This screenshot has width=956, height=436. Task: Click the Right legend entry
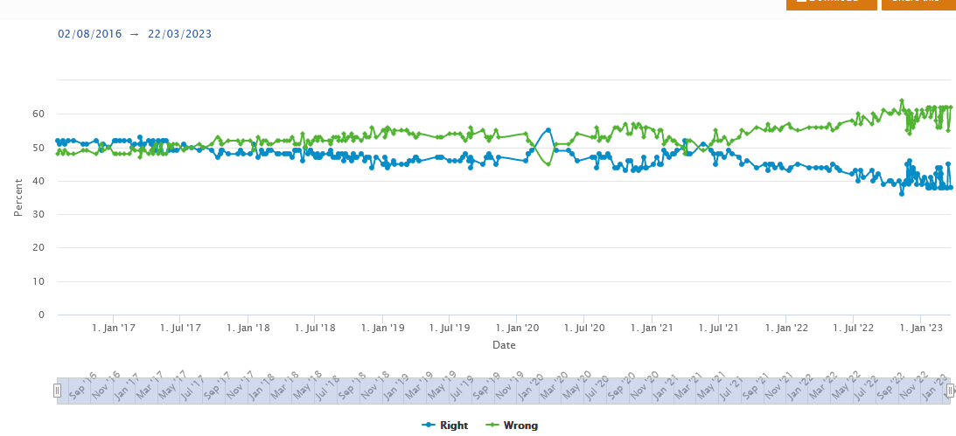point(446,426)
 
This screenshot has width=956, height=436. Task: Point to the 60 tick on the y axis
point(38,114)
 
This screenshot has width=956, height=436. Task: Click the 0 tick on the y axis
point(41,315)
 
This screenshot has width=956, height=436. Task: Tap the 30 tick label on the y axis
point(38,215)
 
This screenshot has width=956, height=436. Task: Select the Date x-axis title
point(504,345)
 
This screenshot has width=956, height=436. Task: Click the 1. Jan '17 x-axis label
point(114,329)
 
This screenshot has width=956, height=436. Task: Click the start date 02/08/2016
point(90,34)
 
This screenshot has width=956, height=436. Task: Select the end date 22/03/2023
point(179,34)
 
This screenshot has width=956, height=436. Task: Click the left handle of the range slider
point(57,391)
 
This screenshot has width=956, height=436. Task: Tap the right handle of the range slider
point(950,391)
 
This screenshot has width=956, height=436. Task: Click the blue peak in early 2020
point(548,130)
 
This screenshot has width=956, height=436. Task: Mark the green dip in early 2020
point(548,164)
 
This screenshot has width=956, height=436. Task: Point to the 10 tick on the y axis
point(38,282)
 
